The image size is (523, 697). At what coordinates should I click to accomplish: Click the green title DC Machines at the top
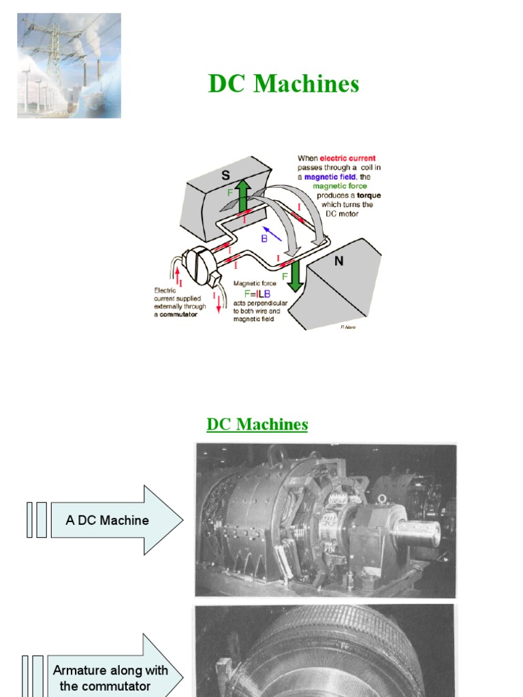pos(283,84)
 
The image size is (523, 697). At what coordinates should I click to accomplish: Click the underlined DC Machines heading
pos(257,425)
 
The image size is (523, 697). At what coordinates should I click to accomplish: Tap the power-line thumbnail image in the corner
pos(69,65)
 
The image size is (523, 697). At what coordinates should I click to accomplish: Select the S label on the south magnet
pos(225,175)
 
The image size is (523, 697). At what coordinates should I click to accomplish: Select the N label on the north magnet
pos(338,260)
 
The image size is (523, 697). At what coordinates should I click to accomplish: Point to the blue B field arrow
pos(272,233)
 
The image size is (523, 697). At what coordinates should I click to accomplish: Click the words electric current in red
pos(347,158)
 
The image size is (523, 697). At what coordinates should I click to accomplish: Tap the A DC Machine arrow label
pos(107,521)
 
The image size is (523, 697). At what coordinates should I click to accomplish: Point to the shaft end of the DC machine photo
pos(416,532)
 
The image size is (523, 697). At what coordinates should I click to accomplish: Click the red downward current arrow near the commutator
pos(219,302)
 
